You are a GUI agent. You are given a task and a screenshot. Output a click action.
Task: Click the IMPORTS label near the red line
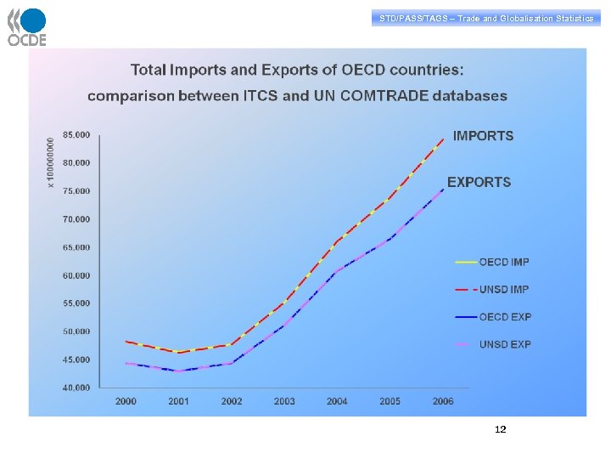tap(483, 136)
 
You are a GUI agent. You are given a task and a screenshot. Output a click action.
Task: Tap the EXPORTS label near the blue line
tap(479, 182)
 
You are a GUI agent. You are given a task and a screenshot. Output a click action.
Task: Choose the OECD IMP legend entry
tap(504, 262)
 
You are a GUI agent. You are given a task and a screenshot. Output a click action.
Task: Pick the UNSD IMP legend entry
tap(504, 290)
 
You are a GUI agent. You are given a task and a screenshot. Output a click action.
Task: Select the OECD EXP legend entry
tap(504, 317)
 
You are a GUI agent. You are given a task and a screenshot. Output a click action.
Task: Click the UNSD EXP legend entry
tap(504, 344)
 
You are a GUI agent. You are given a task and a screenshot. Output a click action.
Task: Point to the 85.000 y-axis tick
tap(76, 134)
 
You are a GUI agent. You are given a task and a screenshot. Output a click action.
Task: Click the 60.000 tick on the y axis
tap(76, 275)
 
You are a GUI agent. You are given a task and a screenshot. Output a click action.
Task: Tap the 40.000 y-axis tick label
tap(76, 388)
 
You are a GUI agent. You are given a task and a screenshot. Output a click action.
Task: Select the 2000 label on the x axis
tap(126, 401)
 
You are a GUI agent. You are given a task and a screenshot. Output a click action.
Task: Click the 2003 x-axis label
tap(284, 401)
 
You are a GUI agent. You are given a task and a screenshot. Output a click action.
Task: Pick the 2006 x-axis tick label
tap(443, 401)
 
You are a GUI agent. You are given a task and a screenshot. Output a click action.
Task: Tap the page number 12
tap(500, 429)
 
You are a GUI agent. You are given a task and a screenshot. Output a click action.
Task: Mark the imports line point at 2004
tap(337, 241)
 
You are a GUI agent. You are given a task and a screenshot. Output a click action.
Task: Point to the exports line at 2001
tap(178, 371)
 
